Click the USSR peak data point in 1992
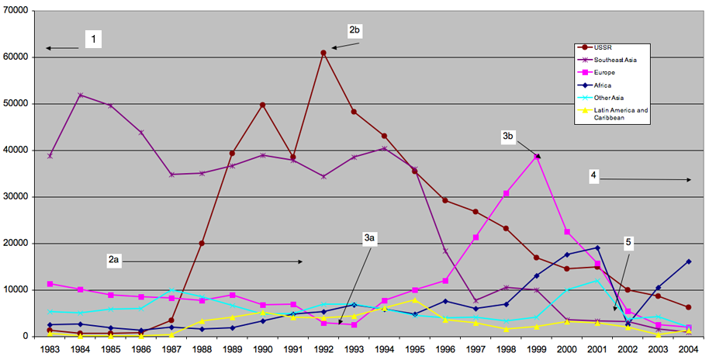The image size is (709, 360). coord(323,53)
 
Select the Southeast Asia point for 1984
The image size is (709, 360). coord(81,95)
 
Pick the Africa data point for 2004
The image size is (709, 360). coord(688,261)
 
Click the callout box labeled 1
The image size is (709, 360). coord(95,39)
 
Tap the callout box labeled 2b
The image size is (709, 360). coord(355,30)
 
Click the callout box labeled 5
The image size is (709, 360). coord(629,243)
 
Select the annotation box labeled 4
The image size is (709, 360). coord(593,177)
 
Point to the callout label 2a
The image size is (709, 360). coord(113,261)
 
